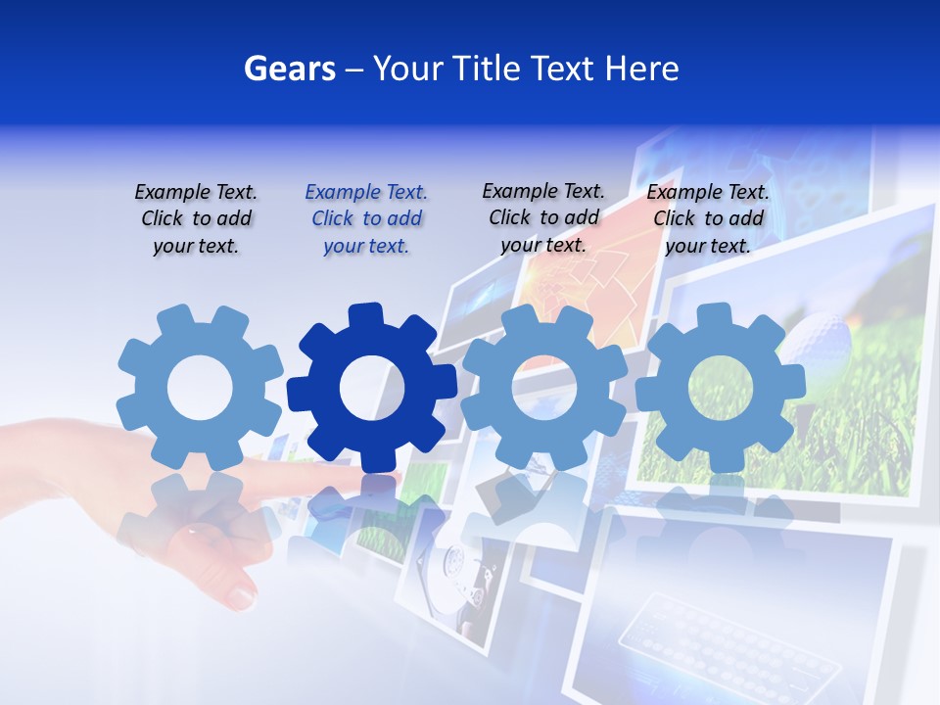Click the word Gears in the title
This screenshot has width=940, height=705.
click(289, 69)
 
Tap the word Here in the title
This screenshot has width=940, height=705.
click(641, 69)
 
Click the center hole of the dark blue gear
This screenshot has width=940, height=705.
click(372, 389)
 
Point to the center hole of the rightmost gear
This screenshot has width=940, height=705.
click(720, 388)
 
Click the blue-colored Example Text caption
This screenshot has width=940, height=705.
click(366, 218)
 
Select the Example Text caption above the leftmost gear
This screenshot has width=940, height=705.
click(196, 218)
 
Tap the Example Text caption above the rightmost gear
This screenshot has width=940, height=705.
click(708, 218)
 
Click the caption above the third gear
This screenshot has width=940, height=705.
click(543, 217)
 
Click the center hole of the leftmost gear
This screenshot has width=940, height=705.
click(200, 389)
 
